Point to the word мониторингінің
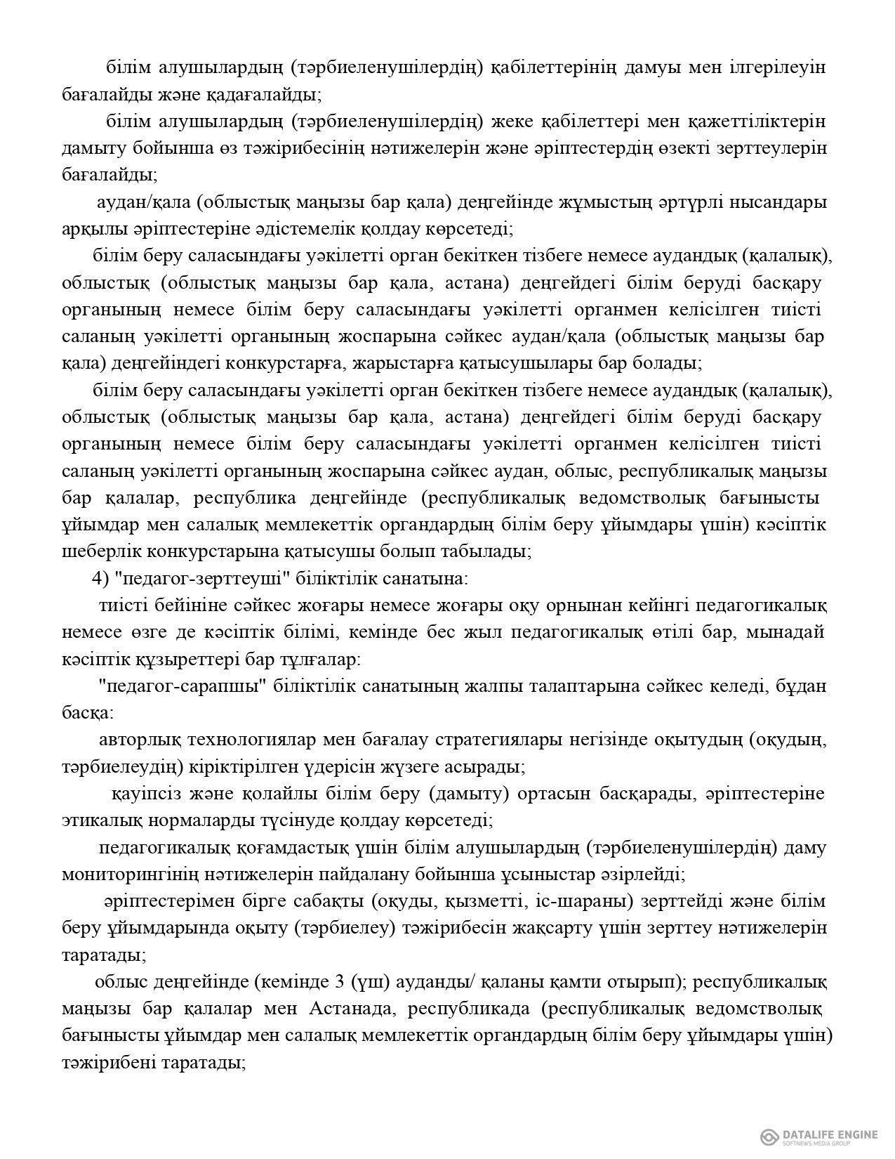coord(126,875)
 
